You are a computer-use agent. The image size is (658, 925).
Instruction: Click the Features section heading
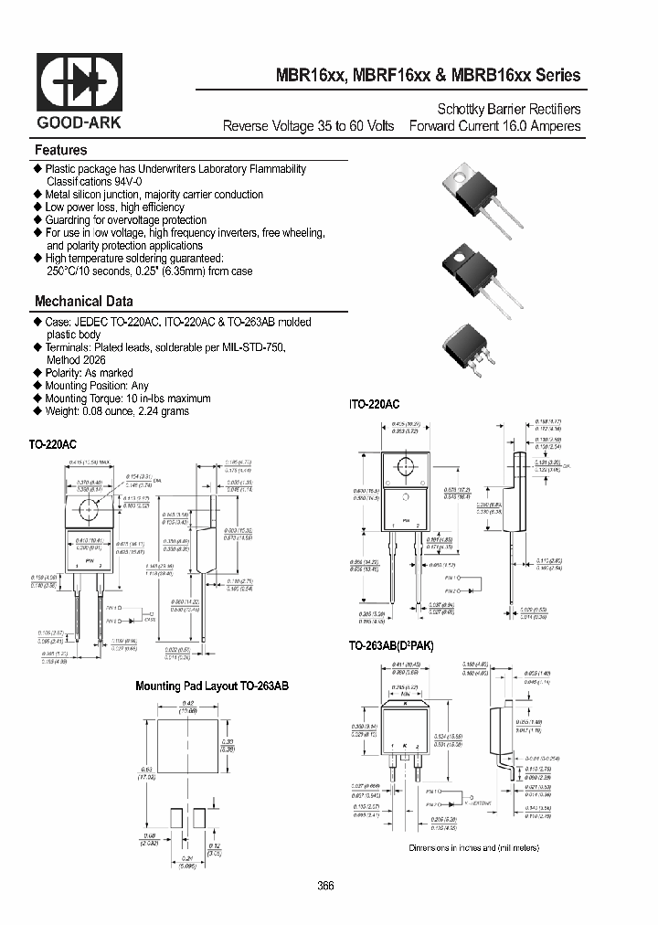(x=60, y=150)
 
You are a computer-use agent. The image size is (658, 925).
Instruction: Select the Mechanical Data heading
(x=83, y=301)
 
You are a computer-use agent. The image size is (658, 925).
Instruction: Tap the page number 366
(x=326, y=886)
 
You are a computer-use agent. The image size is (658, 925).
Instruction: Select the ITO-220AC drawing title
(x=374, y=403)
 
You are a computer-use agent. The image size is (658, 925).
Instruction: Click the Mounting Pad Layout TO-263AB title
(x=211, y=685)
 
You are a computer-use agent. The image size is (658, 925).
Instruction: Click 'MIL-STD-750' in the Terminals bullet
(x=261, y=347)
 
